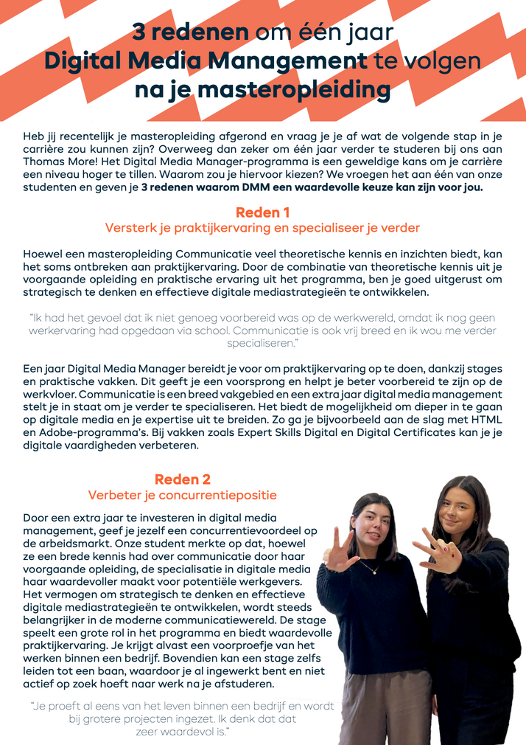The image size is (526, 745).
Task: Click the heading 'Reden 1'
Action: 262,213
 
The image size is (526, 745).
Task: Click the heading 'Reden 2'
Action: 182,479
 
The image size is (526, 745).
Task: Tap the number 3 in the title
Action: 138,32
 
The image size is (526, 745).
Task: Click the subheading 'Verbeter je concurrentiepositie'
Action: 182,495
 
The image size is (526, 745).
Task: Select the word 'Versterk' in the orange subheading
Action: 129,228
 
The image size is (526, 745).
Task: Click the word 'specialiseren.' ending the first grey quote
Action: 263,344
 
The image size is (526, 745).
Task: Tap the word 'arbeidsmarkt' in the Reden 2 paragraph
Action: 77,544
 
